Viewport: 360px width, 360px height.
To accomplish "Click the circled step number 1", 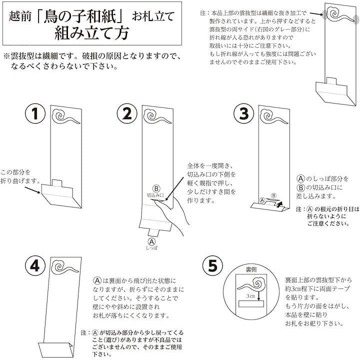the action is coord(35,113).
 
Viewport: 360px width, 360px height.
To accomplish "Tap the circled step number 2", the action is coord(127,113).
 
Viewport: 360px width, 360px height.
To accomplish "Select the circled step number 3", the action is coord(244,113).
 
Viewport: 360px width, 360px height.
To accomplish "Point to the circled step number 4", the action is coord(35,266).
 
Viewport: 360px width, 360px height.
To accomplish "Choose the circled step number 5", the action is coord(212,266).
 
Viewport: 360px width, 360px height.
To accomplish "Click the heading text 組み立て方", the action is coord(92,33).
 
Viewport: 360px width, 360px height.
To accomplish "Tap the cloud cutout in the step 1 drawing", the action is coord(66,116).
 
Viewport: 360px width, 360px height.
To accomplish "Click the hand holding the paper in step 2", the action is coord(171,214).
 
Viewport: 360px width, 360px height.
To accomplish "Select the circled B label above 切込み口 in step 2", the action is coord(156,188).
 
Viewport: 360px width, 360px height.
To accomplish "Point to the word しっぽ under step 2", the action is coord(152,248).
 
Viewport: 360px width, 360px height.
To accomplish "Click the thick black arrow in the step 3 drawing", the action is coord(279,204).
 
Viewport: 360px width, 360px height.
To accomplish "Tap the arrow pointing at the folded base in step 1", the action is coord(32,190).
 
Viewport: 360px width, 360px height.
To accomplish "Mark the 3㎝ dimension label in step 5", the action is coord(250,296).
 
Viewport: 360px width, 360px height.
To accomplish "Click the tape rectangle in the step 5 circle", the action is coord(251,304).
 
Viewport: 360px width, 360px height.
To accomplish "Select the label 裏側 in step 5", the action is coord(251,269).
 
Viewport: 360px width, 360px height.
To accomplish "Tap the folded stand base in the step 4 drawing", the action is coord(55,349).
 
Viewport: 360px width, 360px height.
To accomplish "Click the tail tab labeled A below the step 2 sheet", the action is coord(153,232).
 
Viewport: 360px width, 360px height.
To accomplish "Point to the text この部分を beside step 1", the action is coord(15,172).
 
